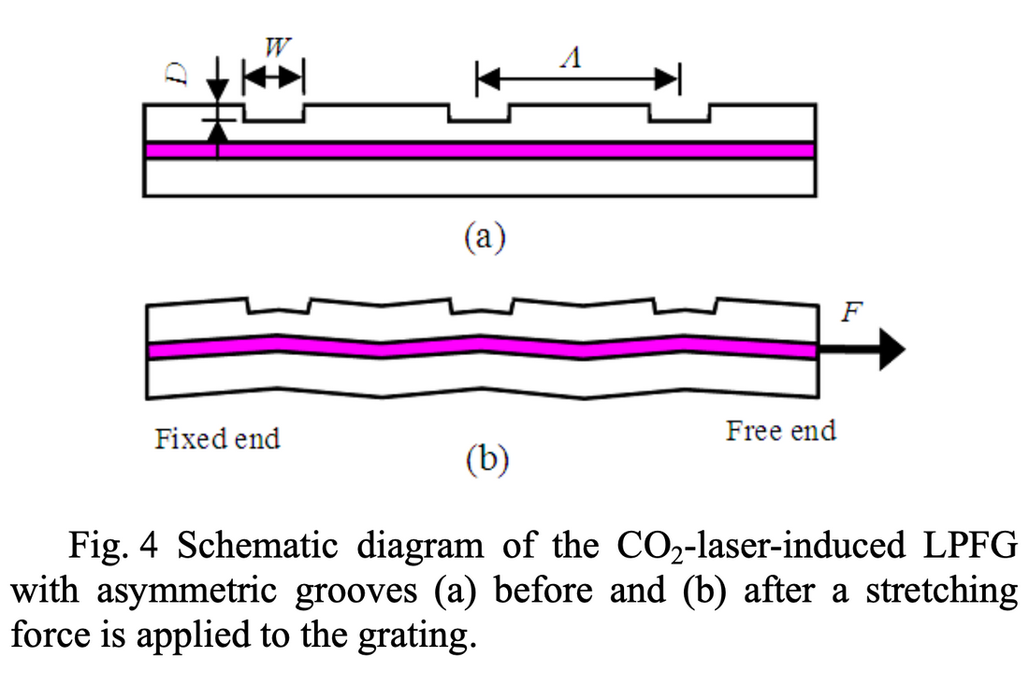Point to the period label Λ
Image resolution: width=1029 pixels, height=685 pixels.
(x=576, y=59)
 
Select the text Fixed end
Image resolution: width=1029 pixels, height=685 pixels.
(x=217, y=437)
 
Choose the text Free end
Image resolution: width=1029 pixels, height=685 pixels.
(x=780, y=431)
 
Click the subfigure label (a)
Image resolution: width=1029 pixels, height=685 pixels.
(x=485, y=236)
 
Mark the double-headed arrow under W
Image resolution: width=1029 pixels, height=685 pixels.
(x=273, y=78)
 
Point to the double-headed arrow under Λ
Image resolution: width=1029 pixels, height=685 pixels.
(x=577, y=79)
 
